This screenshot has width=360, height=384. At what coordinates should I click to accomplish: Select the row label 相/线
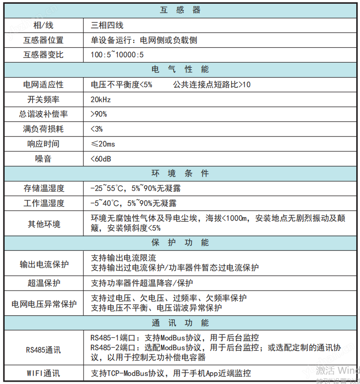43,25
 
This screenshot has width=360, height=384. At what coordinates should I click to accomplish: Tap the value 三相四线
107,25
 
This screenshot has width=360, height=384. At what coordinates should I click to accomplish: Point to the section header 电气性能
180,70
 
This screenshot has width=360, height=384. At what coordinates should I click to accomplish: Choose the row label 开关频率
43,100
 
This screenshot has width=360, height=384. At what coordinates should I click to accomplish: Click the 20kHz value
101,100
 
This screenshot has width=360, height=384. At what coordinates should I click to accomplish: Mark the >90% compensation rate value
99,114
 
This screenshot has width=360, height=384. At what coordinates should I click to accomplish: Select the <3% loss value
97,129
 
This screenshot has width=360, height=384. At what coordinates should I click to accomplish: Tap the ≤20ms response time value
103,144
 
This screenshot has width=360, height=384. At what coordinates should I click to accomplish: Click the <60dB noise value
101,159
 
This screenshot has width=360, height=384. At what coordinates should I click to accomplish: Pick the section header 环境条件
180,174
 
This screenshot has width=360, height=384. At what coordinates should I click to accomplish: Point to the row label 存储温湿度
43,189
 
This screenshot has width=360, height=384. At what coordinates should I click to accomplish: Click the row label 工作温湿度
43,203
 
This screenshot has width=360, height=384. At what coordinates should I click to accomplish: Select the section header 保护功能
180,242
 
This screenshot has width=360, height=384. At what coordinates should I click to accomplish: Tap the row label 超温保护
43,283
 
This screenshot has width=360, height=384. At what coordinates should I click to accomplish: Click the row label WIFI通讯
43,373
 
